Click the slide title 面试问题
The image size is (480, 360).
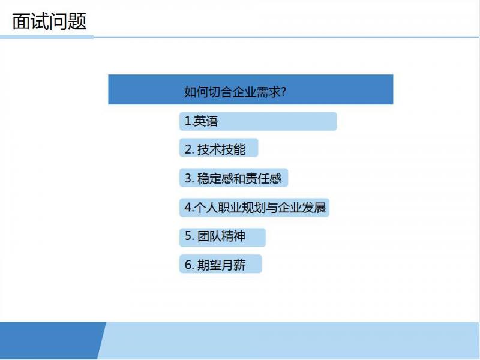(49, 22)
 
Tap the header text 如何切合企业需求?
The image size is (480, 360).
(235, 91)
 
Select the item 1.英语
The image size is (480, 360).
(201, 121)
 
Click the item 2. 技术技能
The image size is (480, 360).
(215, 149)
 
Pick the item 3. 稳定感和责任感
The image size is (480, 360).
(233, 178)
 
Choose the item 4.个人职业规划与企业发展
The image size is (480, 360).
(255, 208)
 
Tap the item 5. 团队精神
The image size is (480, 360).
(215, 236)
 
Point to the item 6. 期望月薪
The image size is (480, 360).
(215, 265)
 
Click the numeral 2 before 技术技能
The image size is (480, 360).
(188, 149)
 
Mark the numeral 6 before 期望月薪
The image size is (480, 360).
(188, 265)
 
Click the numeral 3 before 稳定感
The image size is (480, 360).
(188, 178)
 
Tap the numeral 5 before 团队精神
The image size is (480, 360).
(188, 236)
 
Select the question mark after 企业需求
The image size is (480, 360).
(283, 91)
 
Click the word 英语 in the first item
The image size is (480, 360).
(206, 121)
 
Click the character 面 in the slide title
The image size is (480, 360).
(22, 22)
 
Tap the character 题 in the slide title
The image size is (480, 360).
(77, 22)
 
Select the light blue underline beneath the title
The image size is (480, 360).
(47, 37)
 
